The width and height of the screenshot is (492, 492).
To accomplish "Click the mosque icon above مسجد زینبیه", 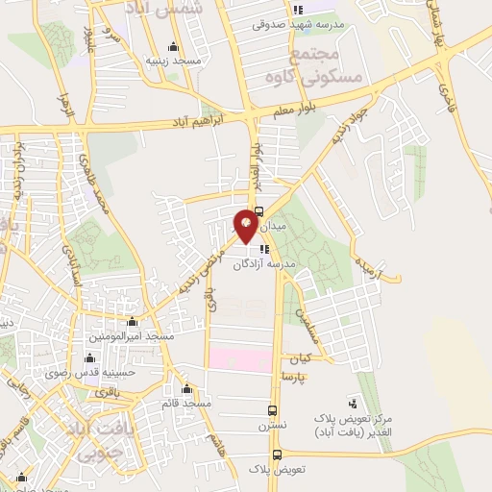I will (172, 45).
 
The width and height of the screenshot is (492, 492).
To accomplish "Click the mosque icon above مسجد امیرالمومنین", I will (131, 323).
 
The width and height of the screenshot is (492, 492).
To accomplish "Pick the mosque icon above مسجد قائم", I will (185, 390).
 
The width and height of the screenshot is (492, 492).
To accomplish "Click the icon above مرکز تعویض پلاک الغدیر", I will (353, 403).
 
